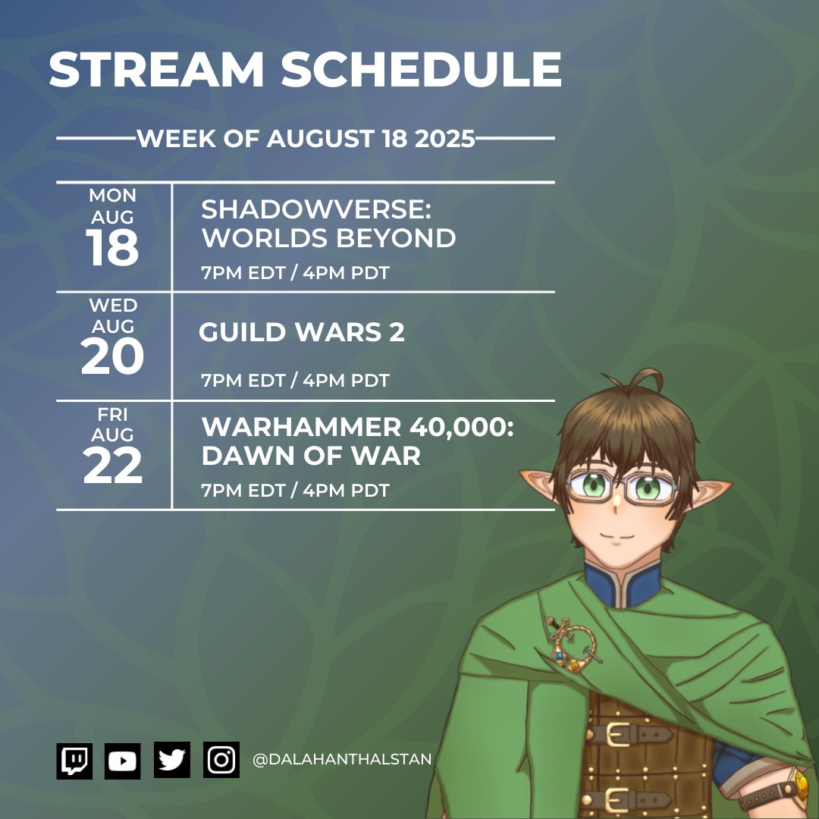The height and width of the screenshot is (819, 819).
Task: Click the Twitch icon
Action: (x=74, y=761)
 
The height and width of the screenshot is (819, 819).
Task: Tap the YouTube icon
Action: (x=122, y=761)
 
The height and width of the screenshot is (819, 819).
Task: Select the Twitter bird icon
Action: (x=172, y=760)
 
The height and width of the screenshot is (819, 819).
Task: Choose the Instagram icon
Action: (x=221, y=760)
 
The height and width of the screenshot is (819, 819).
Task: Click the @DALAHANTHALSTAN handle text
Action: (x=342, y=759)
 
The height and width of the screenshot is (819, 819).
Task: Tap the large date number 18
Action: (x=112, y=248)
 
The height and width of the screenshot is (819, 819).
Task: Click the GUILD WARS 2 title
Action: (x=302, y=332)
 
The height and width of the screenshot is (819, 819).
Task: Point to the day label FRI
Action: (x=113, y=416)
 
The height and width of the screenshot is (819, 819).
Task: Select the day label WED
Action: (x=113, y=306)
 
